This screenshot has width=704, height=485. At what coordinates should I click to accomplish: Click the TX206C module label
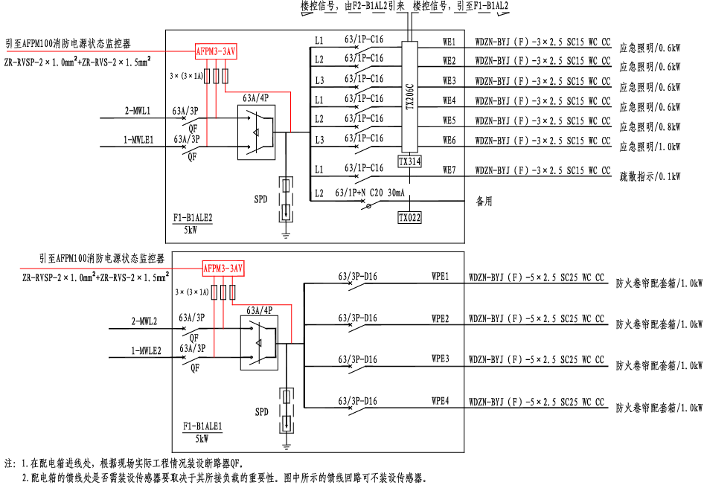(x=409, y=97)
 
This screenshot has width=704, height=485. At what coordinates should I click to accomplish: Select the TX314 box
(x=409, y=161)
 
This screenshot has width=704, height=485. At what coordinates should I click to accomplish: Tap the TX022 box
(x=409, y=217)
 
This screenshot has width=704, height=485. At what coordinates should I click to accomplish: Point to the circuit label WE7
(x=449, y=170)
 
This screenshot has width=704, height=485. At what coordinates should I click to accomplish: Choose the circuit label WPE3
(x=441, y=359)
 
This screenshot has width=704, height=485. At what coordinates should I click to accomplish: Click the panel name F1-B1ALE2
(x=193, y=218)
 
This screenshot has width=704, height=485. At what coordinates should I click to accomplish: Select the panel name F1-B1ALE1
(x=202, y=426)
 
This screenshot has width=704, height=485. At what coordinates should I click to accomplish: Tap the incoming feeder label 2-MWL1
(x=137, y=112)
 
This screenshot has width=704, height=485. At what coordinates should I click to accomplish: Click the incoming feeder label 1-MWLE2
(x=147, y=350)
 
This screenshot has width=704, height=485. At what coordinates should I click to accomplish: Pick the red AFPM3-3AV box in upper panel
(x=217, y=51)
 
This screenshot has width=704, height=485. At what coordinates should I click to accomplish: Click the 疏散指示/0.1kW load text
(x=650, y=176)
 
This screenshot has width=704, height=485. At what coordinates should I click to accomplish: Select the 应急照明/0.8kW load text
(x=650, y=126)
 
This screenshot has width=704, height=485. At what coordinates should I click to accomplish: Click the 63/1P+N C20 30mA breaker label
(x=370, y=193)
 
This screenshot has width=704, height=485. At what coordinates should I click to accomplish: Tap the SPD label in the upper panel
(x=260, y=199)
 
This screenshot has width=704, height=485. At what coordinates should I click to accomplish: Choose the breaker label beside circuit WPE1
(x=357, y=277)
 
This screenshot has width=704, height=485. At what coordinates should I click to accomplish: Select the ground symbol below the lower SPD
(x=287, y=446)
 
